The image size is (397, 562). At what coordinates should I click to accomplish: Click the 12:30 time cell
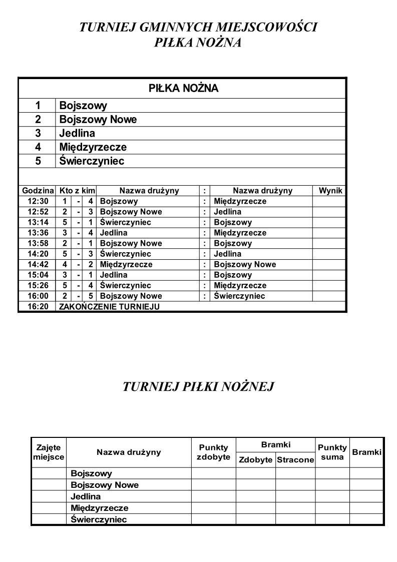coord(37,201)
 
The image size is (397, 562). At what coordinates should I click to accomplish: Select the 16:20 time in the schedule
coord(37,306)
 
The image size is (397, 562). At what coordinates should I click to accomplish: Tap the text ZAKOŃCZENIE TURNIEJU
coord(110,306)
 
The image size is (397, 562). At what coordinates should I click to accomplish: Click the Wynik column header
coord(330,191)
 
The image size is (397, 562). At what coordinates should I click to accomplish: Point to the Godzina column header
coord(38,191)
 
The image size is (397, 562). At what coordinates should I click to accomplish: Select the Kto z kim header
coord(77,191)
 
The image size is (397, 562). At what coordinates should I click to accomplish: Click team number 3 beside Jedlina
coord(37,133)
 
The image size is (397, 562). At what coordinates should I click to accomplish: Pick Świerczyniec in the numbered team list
coord(92,161)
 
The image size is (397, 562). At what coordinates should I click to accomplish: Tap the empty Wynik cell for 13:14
coord(329,222)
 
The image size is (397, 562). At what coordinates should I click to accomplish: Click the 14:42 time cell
coord(37,264)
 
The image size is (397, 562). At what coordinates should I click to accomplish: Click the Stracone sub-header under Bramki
coord(295,460)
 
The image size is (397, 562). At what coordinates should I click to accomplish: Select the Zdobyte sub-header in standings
coord(255,460)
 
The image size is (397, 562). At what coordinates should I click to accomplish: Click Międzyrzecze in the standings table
coord(99,508)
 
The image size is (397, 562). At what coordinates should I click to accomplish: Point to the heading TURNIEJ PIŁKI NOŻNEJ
coord(198,386)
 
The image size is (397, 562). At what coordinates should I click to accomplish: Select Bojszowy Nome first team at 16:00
coord(131,296)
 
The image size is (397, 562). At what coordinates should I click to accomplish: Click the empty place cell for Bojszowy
coord(49,473)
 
